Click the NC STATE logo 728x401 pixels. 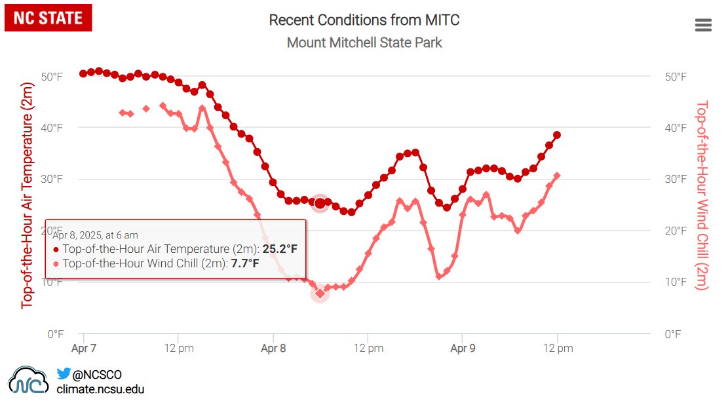48,18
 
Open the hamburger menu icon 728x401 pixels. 703,26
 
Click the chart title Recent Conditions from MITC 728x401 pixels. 364,20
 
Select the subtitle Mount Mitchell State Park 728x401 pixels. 364,43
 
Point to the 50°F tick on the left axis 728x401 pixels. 52,77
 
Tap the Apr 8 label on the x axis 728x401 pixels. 273,349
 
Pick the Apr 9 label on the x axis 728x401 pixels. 463,349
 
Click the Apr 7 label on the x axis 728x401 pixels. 84,349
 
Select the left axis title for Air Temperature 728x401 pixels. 27,195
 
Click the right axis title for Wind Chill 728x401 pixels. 702,195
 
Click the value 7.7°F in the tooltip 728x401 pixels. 245,264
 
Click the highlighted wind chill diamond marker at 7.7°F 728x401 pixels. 320,294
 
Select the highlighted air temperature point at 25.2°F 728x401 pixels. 320,203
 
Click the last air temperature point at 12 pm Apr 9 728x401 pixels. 557,135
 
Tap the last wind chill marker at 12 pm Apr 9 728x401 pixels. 557,176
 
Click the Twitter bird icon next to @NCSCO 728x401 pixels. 64,374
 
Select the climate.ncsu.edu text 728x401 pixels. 100,389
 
